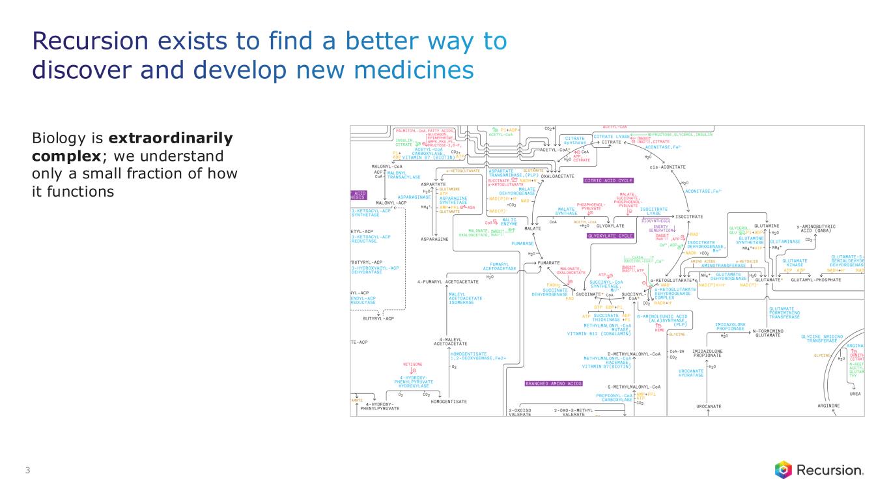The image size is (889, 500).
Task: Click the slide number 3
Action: pyautogui.click(x=27, y=471)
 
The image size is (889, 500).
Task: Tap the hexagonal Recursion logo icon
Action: pyautogui.click(x=783, y=469)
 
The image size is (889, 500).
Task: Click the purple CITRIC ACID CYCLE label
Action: pyautogui.click(x=609, y=180)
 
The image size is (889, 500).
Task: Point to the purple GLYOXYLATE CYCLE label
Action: pyautogui.click(x=610, y=236)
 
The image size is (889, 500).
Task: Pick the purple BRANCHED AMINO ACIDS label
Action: pyautogui.click(x=554, y=383)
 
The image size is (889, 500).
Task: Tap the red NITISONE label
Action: pyautogui.click(x=412, y=364)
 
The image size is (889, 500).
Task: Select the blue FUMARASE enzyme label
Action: pyautogui.click(x=522, y=243)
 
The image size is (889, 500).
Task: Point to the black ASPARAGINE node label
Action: pyautogui.click(x=434, y=239)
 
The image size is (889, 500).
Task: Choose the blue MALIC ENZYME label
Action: pyautogui.click(x=508, y=222)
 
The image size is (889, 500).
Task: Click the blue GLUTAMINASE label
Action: pyautogui.click(x=785, y=242)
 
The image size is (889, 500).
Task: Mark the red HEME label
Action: pyautogui.click(x=660, y=330)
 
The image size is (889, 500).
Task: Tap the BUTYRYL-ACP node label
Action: pyautogui.click(x=378, y=318)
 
